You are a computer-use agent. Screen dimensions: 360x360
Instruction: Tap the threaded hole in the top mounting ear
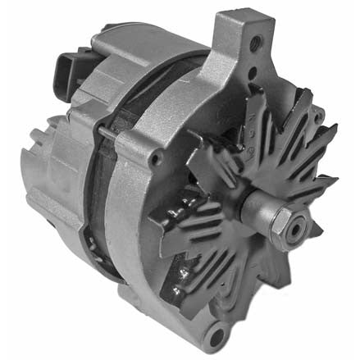pos(257,41)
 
